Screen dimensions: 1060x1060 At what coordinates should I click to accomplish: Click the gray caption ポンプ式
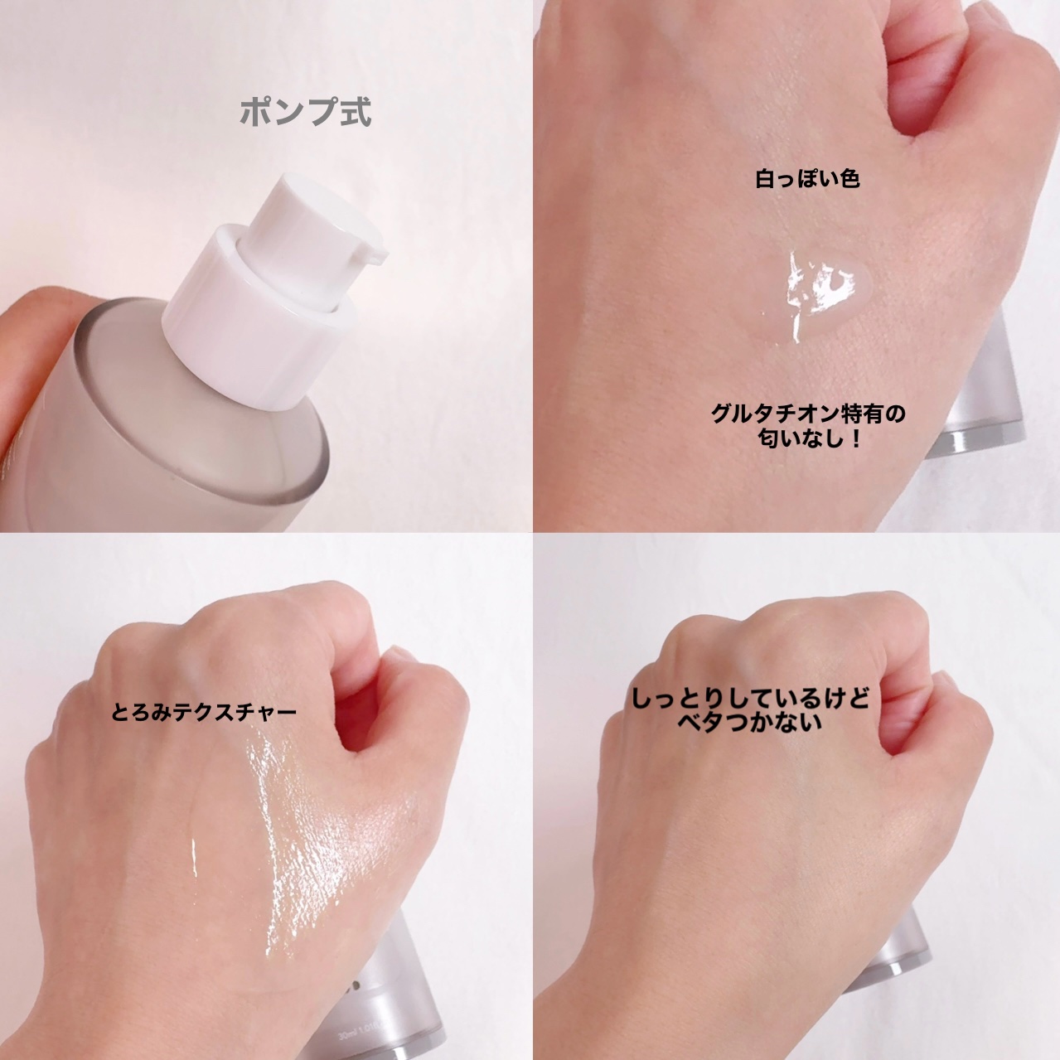click(306, 112)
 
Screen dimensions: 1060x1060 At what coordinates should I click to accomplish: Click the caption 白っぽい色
click(807, 180)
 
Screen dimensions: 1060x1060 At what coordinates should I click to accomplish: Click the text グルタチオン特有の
click(808, 414)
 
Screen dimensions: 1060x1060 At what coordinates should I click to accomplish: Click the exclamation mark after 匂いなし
click(854, 439)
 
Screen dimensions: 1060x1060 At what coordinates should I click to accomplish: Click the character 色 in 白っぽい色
click(848, 180)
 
